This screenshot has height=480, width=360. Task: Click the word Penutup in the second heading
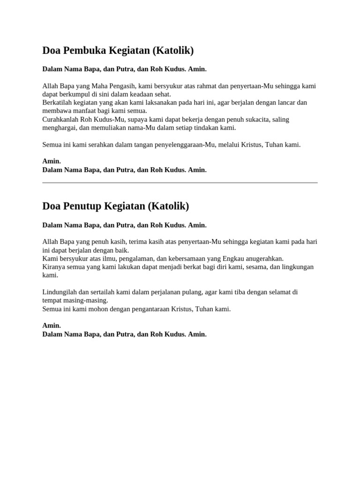click(x=82, y=206)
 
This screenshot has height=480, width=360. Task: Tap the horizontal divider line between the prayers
click(x=180, y=182)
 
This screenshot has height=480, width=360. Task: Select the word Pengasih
click(x=136, y=86)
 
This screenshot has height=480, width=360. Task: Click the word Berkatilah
click(x=57, y=103)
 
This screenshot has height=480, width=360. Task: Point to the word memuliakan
click(x=113, y=127)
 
